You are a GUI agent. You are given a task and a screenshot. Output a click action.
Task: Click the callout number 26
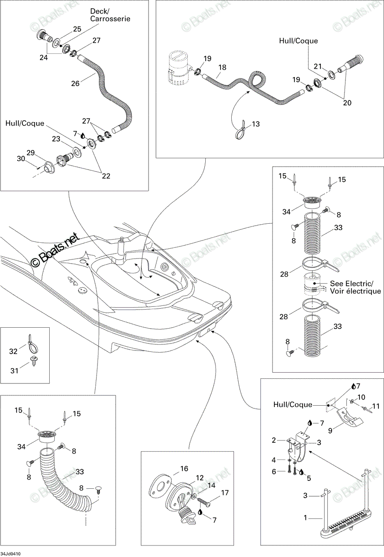(75, 83)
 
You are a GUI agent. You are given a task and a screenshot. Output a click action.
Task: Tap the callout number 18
(222, 67)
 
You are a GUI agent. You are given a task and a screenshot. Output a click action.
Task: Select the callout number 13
(256, 124)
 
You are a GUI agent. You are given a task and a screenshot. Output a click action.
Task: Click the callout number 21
(318, 66)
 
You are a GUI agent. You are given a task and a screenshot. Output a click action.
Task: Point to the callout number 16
(184, 468)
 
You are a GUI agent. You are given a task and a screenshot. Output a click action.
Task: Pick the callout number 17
(225, 492)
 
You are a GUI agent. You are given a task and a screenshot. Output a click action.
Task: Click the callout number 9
(330, 430)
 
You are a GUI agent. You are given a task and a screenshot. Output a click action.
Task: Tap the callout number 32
(13, 351)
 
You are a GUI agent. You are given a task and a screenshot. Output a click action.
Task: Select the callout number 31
(14, 371)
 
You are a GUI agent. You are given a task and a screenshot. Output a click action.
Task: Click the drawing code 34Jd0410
(10, 554)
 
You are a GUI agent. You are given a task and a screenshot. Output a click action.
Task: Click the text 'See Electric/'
(351, 284)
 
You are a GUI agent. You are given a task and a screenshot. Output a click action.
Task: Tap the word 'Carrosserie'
(110, 19)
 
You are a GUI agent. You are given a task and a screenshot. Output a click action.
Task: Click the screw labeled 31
(33, 360)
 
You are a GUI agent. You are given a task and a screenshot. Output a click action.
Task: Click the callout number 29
(31, 153)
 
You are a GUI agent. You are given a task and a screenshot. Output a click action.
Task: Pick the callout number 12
(200, 478)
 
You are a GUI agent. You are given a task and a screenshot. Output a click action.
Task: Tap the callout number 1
(306, 518)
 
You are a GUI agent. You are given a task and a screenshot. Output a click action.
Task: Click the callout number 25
(77, 29)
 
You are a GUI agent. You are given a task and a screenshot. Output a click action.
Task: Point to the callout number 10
(361, 397)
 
